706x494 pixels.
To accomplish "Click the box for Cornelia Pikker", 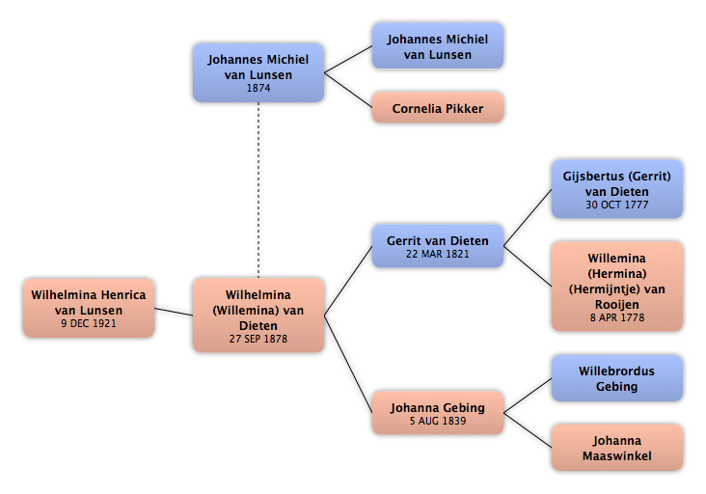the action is click(437, 108).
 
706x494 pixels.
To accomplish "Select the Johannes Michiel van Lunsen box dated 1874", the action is click(258, 72).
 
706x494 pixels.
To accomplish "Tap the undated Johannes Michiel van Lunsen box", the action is click(437, 46).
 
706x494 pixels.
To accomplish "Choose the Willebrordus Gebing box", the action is click(617, 378).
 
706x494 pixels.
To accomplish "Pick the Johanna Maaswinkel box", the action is click(617, 448).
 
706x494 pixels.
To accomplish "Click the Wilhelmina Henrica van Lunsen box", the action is click(89, 308).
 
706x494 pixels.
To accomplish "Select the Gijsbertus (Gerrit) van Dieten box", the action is click(617, 189).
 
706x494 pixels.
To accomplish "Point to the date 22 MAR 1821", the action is click(437, 254).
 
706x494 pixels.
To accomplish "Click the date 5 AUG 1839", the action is click(437, 421).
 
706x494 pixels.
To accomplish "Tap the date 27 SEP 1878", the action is click(258, 339).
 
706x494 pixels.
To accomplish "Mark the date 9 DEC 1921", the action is click(89, 323).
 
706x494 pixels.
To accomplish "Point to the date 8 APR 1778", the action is click(617, 317).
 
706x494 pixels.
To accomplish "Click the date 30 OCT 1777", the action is click(617, 205).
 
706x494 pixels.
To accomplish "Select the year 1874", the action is click(258, 88).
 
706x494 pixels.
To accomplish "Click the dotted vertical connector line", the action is click(258, 190).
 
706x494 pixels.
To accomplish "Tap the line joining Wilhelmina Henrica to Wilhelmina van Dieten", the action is click(174, 312).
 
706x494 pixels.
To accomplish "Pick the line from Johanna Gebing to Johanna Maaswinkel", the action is click(528, 430).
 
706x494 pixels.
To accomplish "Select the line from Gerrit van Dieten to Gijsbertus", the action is click(528, 217).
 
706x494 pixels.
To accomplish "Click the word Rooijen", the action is click(617, 305).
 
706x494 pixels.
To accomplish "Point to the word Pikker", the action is click(464, 108).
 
